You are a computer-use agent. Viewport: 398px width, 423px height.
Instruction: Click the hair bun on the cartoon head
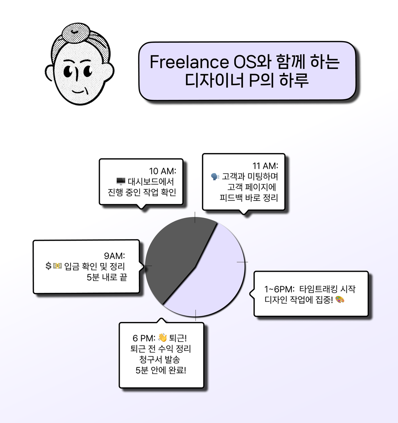coord(76,32)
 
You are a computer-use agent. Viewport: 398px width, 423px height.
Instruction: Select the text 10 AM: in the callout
coord(162,171)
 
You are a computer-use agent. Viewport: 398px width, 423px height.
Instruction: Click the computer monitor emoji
coord(121,182)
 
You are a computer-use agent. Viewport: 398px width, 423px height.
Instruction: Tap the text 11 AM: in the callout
coord(265,166)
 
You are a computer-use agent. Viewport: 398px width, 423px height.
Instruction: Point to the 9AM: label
coord(114,256)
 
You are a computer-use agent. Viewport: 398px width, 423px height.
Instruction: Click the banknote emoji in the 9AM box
coord(57,266)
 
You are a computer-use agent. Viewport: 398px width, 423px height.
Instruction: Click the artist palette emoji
coord(340,300)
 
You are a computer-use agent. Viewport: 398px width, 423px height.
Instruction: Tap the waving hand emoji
coord(162,338)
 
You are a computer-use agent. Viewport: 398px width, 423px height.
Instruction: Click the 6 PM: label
coord(144,338)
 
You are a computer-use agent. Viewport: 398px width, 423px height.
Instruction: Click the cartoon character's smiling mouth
coord(78,91)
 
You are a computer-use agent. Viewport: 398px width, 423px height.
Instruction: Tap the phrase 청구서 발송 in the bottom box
coord(160,359)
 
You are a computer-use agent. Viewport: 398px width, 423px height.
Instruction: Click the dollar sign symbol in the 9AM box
coord(48,266)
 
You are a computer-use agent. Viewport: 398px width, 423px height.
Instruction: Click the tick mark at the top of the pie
coord(195,217)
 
